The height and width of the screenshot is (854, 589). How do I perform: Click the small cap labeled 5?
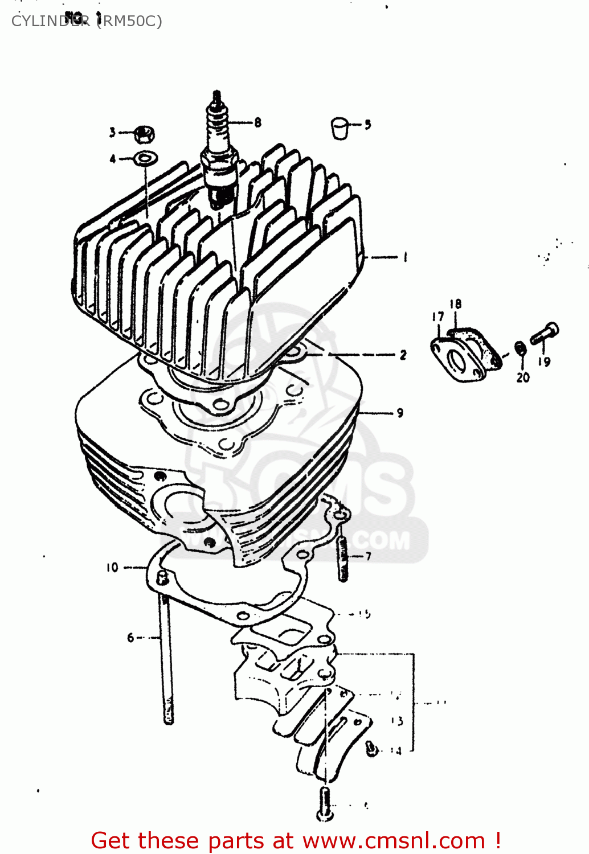(340, 128)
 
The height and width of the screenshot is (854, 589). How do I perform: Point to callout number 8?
(258, 122)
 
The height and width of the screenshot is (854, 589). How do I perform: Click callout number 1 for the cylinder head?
(405, 257)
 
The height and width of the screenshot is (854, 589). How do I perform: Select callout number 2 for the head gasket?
(403, 355)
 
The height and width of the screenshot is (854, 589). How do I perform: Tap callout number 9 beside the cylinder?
(400, 413)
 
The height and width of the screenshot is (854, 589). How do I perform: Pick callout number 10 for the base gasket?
(112, 567)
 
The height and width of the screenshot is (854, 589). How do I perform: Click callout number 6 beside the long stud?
(130, 638)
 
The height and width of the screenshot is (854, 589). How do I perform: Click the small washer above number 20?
(520, 348)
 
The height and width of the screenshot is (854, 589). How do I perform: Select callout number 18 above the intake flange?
(455, 304)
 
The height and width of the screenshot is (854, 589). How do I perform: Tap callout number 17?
(437, 317)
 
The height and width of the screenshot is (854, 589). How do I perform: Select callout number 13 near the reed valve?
(397, 721)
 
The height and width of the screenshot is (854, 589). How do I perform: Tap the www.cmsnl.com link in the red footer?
(394, 840)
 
